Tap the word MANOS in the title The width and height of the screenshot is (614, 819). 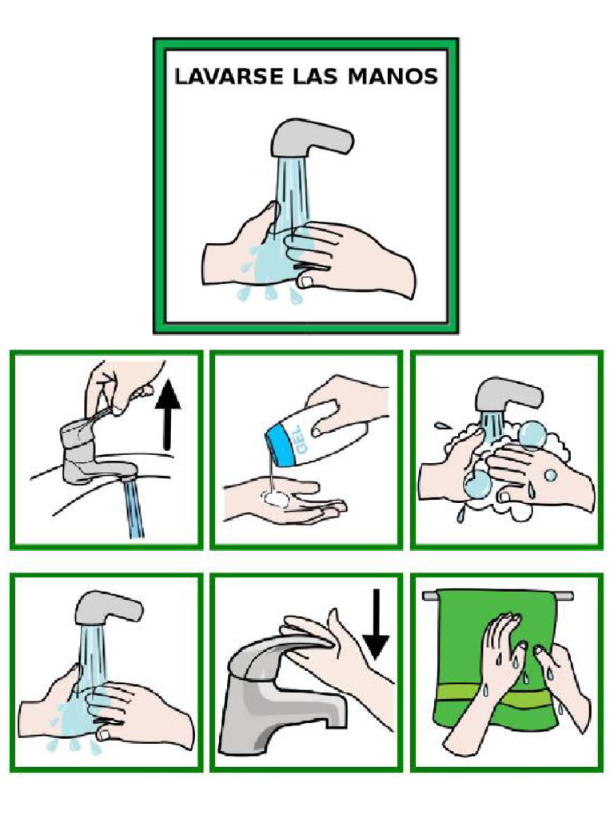click(393, 76)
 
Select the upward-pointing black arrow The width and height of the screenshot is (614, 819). click(168, 414)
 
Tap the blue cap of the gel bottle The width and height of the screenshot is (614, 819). click(282, 445)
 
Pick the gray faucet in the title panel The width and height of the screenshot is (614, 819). click(313, 137)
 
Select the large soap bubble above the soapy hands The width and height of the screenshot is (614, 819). click(532, 434)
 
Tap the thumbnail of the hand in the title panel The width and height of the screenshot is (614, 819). click(305, 282)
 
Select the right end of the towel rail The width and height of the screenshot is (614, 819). click(572, 595)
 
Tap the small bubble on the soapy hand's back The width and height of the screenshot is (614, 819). click(550, 475)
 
